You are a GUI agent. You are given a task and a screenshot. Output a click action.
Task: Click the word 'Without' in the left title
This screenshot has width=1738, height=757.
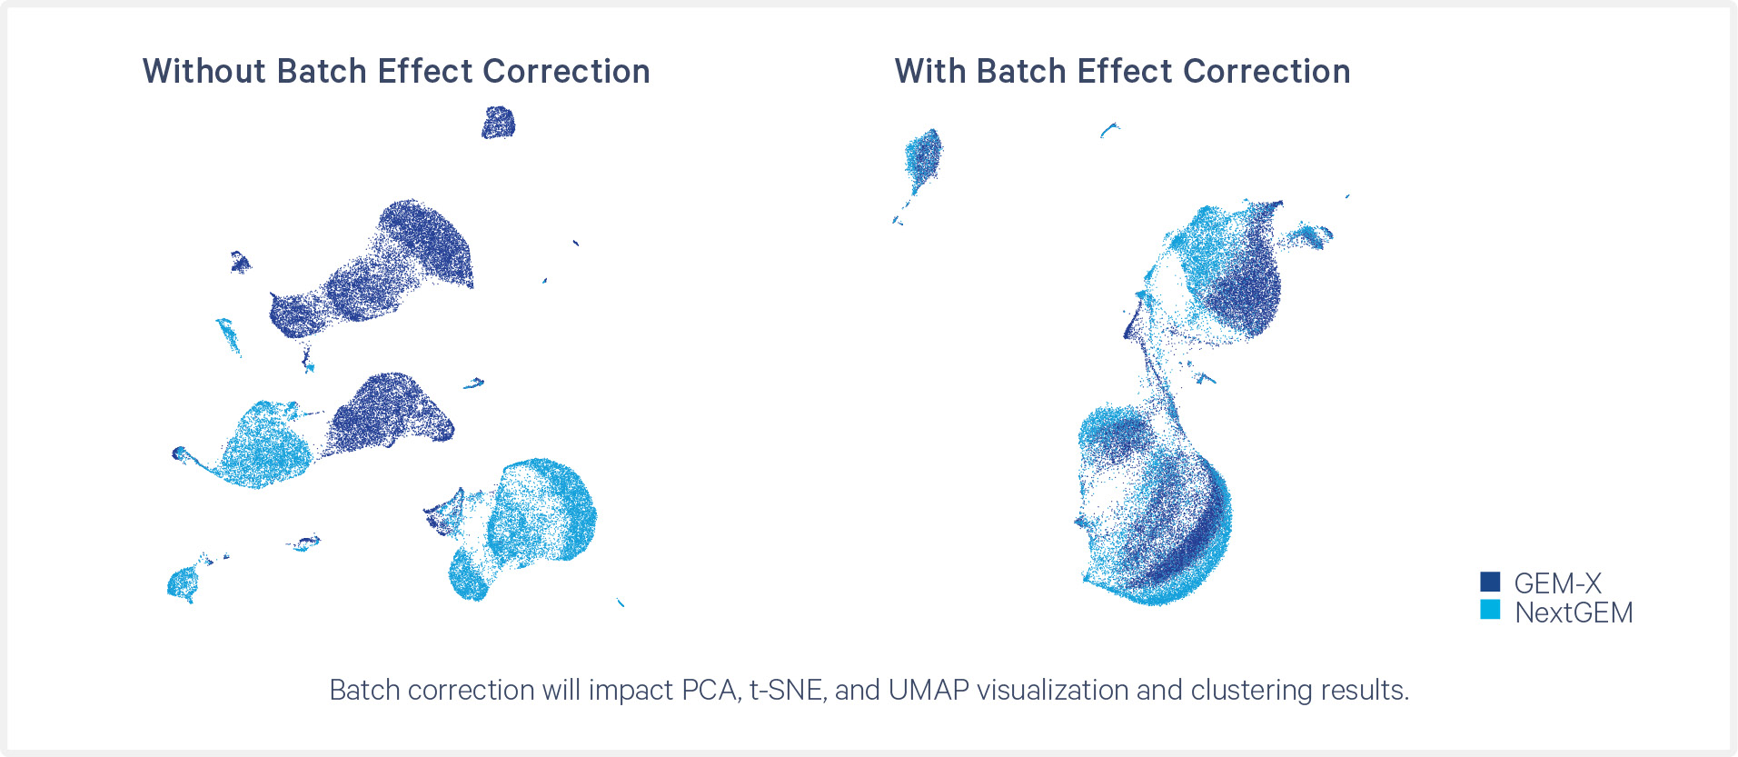pyautogui.click(x=204, y=71)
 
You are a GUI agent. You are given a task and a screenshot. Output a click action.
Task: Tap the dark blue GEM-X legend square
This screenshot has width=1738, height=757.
pyautogui.click(x=1490, y=582)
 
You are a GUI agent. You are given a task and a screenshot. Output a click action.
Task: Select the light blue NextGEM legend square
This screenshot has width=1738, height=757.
pyautogui.click(x=1490, y=610)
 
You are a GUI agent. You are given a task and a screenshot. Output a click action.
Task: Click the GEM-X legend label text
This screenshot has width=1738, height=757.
pyautogui.click(x=1557, y=583)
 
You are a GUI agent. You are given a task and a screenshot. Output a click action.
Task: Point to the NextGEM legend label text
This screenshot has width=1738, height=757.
pyautogui.click(x=1574, y=613)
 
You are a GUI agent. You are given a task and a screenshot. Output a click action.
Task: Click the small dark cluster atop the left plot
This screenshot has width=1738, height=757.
pyautogui.click(x=498, y=123)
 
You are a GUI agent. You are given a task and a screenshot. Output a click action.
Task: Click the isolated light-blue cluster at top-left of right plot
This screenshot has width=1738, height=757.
pyautogui.click(x=921, y=164)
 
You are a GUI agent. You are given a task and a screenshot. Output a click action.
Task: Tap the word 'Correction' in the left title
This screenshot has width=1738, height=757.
pyautogui.click(x=566, y=71)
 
